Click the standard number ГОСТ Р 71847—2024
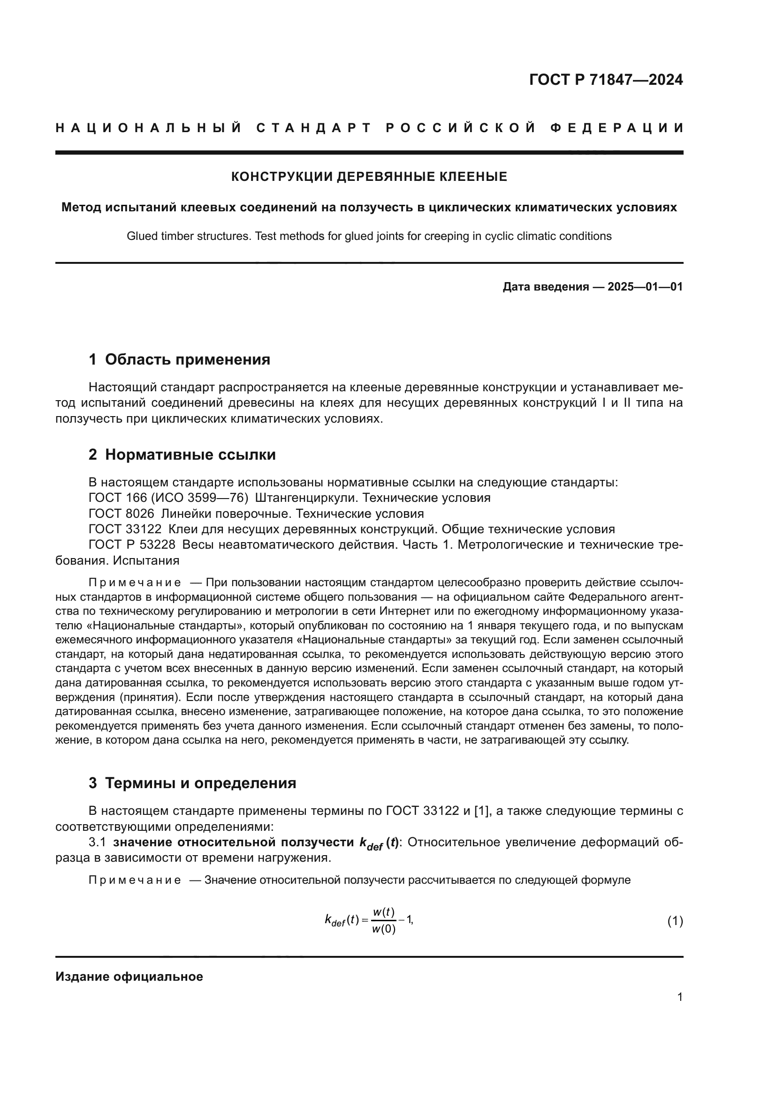tap(606, 80)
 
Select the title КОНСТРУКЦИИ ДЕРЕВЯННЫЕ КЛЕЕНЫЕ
tap(369, 177)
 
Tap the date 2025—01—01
tap(645, 287)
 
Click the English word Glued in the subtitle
tap(140, 236)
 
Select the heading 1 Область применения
tap(179, 359)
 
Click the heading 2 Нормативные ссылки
tap(182, 455)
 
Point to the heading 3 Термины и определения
tap(192, 783)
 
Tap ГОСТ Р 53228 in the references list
tap(132, 544)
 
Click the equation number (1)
tap(675, 921)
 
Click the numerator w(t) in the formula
tap(384, 912)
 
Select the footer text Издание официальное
tap(129, 977)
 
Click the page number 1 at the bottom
tap(679, 997)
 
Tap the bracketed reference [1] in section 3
tap(481, 811)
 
